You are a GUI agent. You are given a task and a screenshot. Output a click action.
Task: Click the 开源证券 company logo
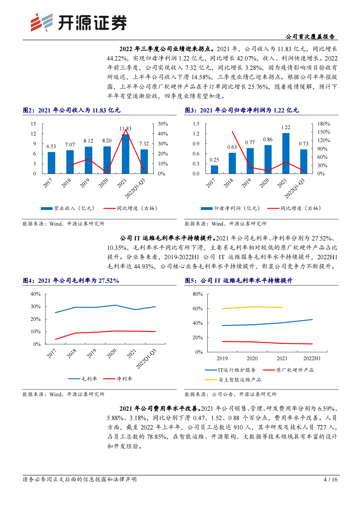[79, 23]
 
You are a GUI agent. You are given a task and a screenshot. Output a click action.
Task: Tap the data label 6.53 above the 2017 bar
[51, 146]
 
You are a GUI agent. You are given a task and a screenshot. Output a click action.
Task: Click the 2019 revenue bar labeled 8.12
[88, 160]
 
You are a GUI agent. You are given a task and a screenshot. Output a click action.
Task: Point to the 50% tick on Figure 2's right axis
[163, 124]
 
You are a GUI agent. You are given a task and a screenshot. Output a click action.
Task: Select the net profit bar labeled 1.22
[286, 154]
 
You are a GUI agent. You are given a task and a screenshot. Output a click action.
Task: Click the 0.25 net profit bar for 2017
[214, 169]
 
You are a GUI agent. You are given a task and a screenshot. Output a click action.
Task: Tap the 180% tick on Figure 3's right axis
[324, 124]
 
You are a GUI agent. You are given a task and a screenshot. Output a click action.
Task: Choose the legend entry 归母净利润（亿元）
[231, 208]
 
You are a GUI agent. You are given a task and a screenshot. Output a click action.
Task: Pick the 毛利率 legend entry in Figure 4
[83, 379]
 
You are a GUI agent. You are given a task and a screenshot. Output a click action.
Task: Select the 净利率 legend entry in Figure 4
[118, 379]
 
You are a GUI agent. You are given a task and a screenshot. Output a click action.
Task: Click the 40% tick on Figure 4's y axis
[35, 294]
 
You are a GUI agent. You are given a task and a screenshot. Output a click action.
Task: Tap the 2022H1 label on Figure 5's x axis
[312, 358]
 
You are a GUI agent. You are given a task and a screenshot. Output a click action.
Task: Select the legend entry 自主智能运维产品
[233, 380]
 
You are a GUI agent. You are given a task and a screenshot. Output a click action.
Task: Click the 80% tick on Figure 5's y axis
[198, 294]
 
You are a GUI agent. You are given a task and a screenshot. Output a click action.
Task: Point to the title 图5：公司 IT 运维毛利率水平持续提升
[239, 281]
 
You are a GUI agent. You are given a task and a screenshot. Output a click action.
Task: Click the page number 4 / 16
[330, 479]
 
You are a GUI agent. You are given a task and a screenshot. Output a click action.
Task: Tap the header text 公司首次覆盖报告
[310, 37]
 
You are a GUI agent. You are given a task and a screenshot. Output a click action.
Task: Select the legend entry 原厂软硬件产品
[289, 370]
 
